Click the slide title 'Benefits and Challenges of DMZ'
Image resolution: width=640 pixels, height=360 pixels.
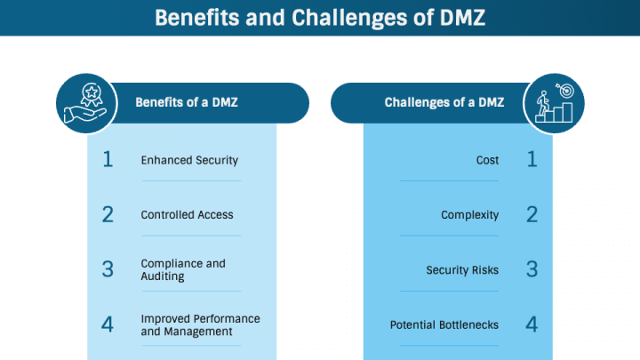[x=320, y=18]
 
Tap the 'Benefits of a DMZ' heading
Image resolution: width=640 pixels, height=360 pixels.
[x=186, y=102]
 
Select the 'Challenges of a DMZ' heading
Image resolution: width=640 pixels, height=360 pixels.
[x=444, y=102]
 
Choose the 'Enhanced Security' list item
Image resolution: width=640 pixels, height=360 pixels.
[x=189, y=160]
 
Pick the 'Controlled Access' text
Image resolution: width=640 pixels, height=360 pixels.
[x=187, y=214]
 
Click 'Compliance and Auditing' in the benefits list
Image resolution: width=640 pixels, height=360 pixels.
[x=183, y=269]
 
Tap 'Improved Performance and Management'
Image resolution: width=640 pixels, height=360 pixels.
[x=200, y=324]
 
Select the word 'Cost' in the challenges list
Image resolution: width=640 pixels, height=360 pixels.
[x=487, y=160]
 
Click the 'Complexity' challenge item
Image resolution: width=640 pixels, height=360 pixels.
[x=469, y=214]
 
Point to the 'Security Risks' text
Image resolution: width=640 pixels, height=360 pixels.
[x=462, y=269]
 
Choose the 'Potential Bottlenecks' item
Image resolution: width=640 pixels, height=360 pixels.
[x=444, y=324]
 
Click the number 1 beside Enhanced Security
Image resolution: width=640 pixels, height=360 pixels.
[x=108, y=160]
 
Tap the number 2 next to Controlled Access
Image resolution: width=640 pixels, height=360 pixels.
[x=108, y=214]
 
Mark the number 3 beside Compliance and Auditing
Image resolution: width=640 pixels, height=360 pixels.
[x=108, y=269]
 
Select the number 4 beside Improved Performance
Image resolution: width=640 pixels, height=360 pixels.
[x=108, y=324]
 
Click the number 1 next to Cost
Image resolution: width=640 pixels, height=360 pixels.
[x=532, y=160]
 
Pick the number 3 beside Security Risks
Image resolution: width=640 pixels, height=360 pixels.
[x=532, y=269]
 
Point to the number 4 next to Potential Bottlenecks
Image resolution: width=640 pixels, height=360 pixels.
[x=532, y=324]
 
